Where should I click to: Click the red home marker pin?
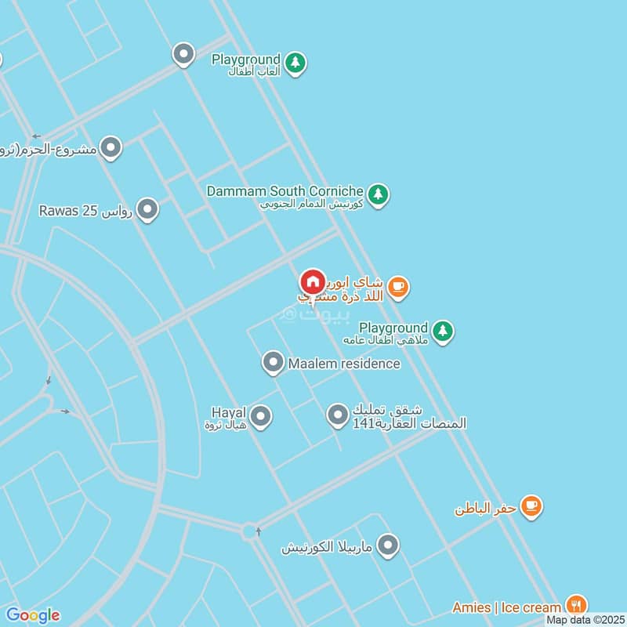313,282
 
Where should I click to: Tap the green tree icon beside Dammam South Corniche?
379,194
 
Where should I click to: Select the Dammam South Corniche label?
285,190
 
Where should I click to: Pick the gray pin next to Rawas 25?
147,210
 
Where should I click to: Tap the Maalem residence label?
343,364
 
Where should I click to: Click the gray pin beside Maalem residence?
273,362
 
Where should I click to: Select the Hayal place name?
229,412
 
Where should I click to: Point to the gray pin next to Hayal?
260,416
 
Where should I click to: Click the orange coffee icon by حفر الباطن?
531,506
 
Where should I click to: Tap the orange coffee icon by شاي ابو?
398,287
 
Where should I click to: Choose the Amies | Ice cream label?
507,607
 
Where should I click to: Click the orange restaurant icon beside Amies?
576,605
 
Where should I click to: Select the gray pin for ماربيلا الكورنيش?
388,545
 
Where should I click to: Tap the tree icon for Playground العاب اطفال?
295,62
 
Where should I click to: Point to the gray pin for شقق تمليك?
337,415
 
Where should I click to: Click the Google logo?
32,615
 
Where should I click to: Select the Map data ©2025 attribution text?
585,620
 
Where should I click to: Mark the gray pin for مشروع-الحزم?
111,147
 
